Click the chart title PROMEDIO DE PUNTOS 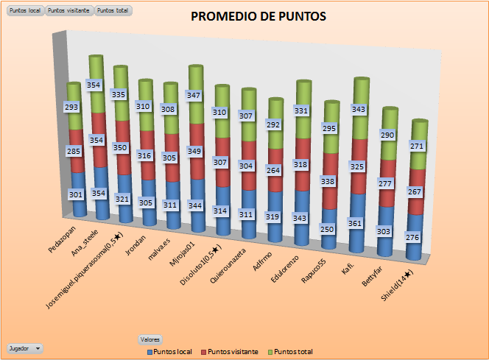point(258,16)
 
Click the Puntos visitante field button point(69,11)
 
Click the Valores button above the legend point(150,339)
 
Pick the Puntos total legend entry point(292,352)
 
